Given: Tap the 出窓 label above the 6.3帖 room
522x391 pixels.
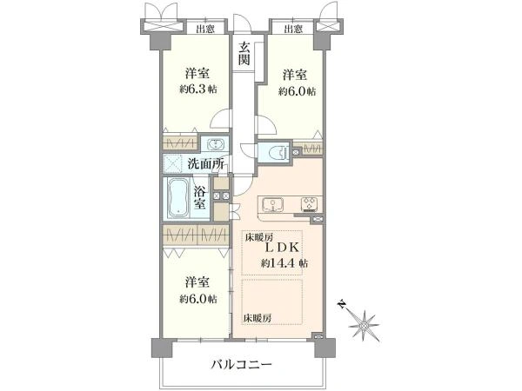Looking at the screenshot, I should click(205, 29).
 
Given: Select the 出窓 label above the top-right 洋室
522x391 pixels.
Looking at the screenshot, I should click(293, 29).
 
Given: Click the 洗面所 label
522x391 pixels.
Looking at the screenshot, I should click(206, 163).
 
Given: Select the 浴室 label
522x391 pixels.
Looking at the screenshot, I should click(199, 198).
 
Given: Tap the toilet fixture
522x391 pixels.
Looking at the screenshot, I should click(277, 152).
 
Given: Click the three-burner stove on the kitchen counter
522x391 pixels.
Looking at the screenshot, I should click(308, 205).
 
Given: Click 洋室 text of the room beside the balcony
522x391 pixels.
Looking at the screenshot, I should click(197, 282).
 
